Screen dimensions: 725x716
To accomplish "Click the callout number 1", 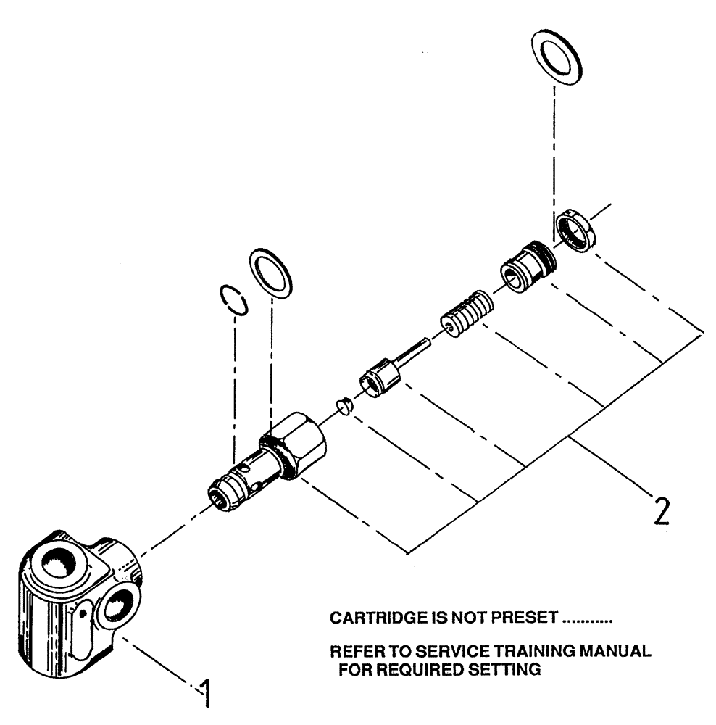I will click(x=206, y=693).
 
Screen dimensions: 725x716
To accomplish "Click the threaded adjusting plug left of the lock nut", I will click(x=525, y=266).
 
